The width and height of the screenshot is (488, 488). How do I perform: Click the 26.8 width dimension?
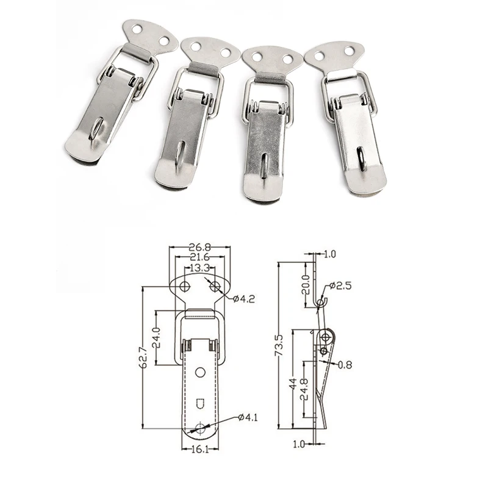tap(199, 248)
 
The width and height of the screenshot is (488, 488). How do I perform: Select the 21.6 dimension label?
tap(199, 259)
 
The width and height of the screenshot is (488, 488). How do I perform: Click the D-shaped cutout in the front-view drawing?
tap(199, 403)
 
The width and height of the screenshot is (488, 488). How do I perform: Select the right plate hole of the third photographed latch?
tap(285, 59)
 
